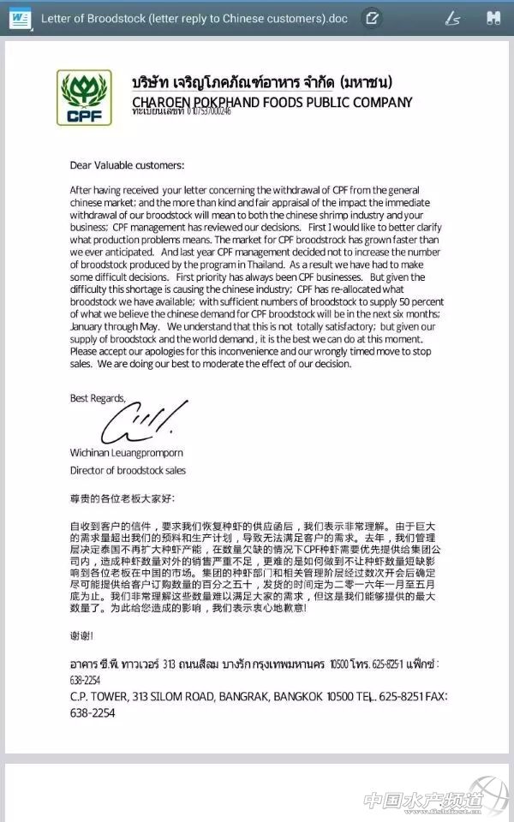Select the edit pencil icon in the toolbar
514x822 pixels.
click(x=371, y=17)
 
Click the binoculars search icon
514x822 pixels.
click(x=493, y=17)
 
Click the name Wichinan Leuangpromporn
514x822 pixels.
click(x=127, y=453)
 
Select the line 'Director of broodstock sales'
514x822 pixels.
click(x=128, y=470)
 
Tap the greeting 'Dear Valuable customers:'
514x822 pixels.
click(x=127, y=165)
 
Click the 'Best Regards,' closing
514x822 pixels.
click(x=97, y=397)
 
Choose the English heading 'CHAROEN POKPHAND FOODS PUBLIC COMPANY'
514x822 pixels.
click(x=272, y=103)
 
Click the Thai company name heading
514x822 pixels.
click(x=262, y=84)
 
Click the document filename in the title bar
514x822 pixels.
click(x=193, y=18)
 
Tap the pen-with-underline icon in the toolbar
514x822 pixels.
click(x=453, y=17)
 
